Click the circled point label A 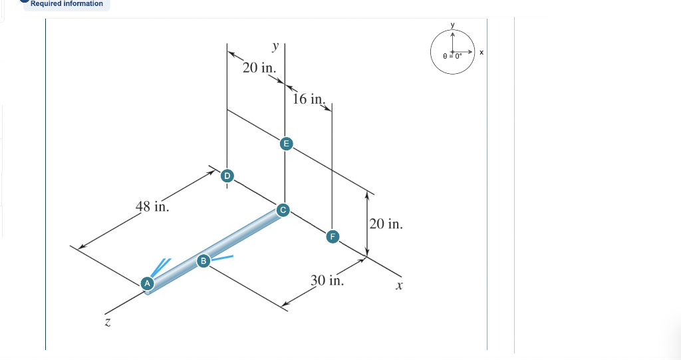148,283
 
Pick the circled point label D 227,176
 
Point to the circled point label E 285,143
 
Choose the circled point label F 333,236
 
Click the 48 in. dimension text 152,206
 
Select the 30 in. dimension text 327,280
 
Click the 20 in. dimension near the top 259,68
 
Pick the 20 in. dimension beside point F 386,224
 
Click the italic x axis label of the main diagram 399,286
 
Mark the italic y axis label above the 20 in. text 275,47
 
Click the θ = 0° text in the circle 452,57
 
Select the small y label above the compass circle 452,25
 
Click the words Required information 67,4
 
